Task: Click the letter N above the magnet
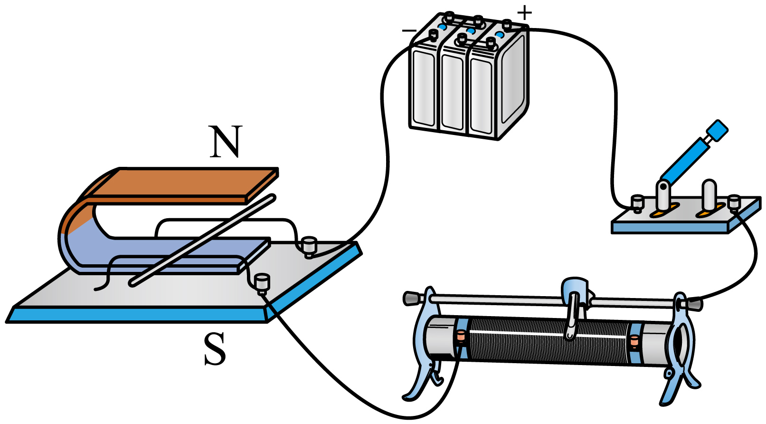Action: (225, 141)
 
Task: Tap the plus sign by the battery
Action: (524, 13)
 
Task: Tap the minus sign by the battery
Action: (409, 31)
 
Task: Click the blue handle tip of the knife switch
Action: (717, 130)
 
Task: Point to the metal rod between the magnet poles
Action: (202, 240)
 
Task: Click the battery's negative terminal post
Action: (434, 35)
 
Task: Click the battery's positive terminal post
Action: (508, 25)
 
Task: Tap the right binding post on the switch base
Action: (734, 203)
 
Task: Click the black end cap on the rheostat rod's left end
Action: (412, 298)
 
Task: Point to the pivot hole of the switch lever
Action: (663, 186)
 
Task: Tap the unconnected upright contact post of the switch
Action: (709, 194)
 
